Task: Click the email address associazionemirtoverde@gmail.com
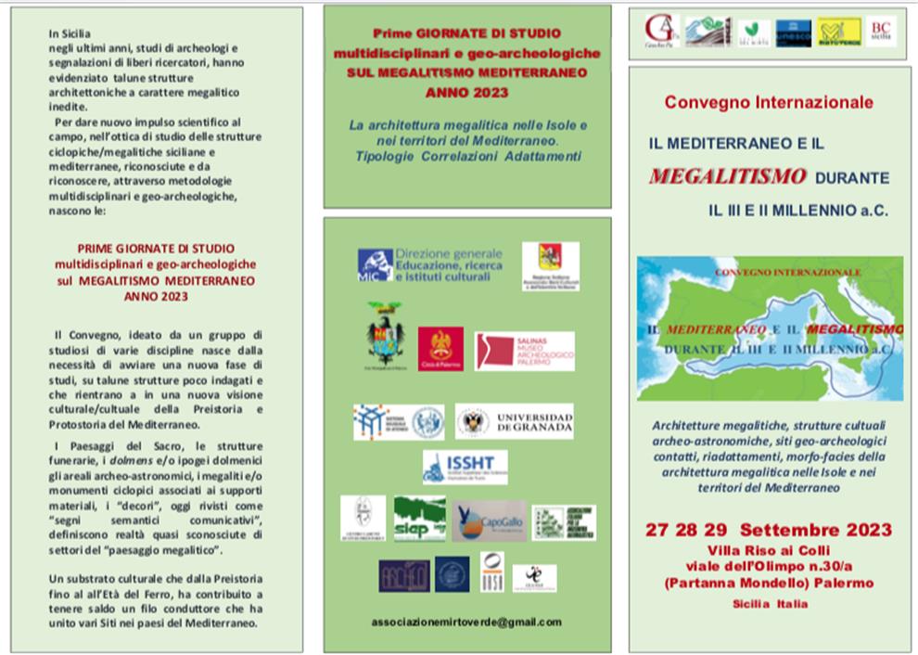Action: coord(465,622)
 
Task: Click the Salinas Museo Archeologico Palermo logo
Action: coord(524,352)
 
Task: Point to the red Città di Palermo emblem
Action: coord(440,350)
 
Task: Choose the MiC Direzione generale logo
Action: coord(430,263)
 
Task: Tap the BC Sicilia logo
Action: coord(881,32)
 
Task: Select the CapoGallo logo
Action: coord(488,520)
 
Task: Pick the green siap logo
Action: coord(419,518)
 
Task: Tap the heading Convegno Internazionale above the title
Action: coord(769,101)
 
